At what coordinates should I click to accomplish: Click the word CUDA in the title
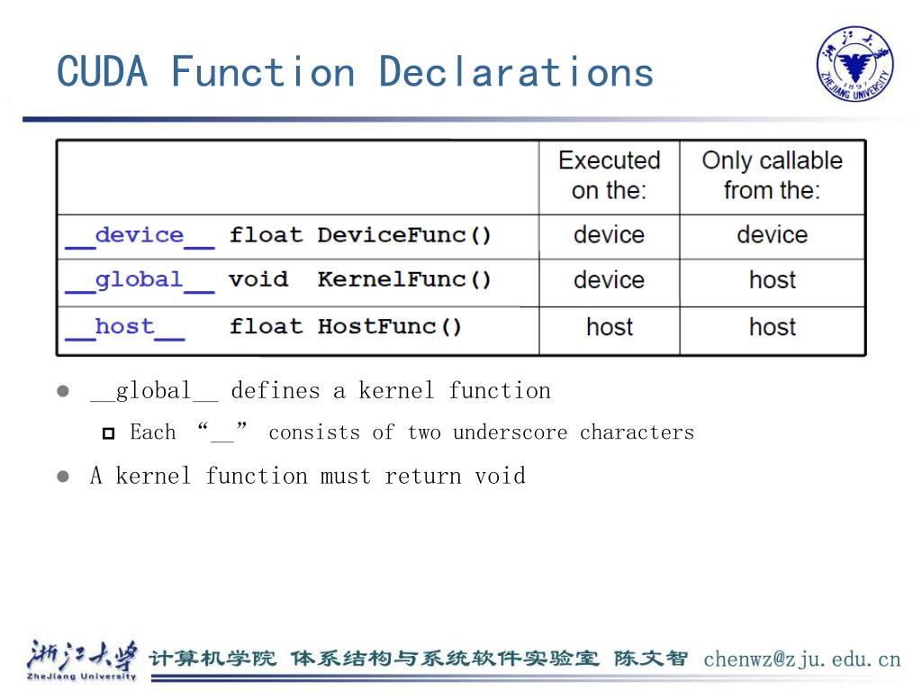[102, 71]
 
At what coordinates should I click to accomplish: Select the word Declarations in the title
[516, 71]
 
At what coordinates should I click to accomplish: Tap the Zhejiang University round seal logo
[854, 63]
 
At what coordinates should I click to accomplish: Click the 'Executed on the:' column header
[609, 175]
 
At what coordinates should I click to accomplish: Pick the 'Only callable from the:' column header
[772, 175]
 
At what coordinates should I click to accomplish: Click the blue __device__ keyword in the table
[140, 236]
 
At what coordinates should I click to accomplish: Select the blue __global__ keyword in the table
[140, 280]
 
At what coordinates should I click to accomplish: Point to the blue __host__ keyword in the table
[124, 327]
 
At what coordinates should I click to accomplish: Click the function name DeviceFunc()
[404, 236]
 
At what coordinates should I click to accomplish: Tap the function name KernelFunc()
[404, 280]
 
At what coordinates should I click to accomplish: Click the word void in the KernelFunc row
[258, 280]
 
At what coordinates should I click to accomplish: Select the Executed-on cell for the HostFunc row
[610, 327]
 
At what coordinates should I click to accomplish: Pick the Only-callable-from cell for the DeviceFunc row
[772, 235]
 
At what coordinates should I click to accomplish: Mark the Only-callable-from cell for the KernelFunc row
[772, 280]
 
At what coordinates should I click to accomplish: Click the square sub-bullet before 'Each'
[109, 434]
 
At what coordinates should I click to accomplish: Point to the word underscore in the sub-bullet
[510, 432]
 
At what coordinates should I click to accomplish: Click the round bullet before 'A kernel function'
[63, 477]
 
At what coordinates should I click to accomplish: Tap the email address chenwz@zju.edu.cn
[801, 659]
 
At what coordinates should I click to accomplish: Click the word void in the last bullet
[500, 476]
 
